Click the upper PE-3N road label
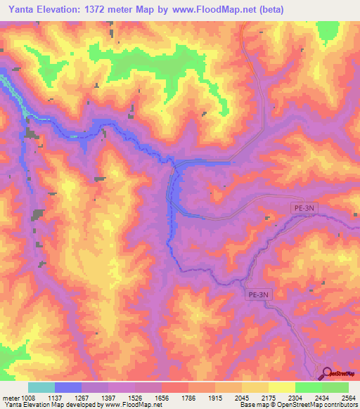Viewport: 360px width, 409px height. click(x=304, y=209)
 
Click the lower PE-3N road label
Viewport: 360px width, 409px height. click(x=258, y=296)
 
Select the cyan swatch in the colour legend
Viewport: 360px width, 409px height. click(x=41, y=388)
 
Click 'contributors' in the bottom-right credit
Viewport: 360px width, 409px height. click(x=340, y=405)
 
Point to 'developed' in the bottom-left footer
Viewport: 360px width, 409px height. click(x=78, y=405)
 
